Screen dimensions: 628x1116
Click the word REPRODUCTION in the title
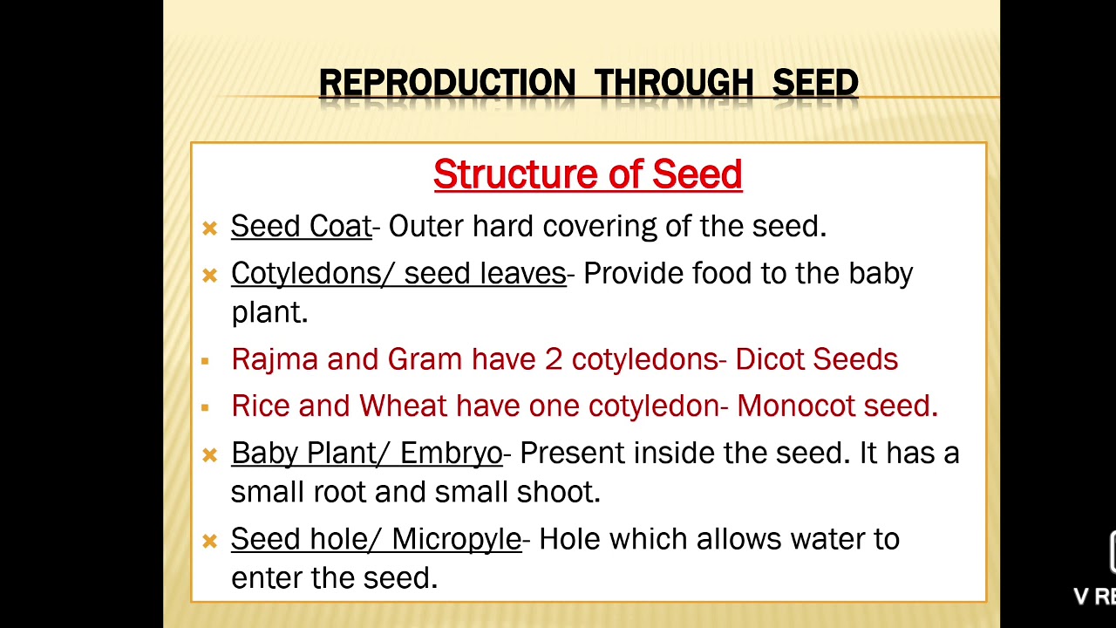click(446, 84)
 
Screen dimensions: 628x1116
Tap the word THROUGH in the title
click(674, 84)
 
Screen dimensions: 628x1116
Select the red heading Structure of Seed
click(588, 174)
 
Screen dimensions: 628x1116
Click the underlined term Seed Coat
click(301, 227)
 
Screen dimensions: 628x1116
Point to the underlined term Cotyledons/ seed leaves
click(398, 274)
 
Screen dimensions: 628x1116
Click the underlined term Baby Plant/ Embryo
click(366, 454)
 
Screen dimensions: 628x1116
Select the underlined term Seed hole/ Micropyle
click(376, 539)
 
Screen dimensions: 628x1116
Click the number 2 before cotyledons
click(554, 359)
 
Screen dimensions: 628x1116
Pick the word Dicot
click(770, 359)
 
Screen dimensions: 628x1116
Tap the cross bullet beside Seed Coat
click(209, 229)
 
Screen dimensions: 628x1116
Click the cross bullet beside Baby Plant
click(209, 455)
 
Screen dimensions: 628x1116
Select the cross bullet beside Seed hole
click(209, 542)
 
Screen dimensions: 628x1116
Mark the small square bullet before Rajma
click(205, 361)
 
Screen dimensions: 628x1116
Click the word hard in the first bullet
click(503, 227)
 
